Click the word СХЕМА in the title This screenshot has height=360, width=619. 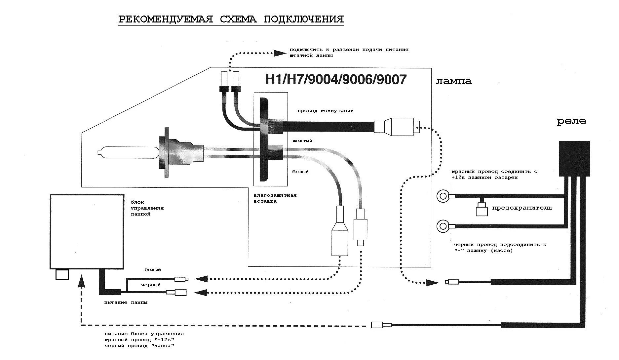(238, 19)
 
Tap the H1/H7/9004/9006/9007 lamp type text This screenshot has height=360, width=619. (336, 79)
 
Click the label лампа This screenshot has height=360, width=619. (453, 81)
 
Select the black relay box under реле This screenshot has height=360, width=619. (574, 159)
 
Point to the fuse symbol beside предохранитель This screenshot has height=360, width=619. (482, 210)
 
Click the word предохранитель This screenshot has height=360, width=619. (522, 208)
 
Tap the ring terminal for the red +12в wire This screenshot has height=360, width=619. (443, 196)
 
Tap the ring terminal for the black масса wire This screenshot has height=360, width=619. (443, 226)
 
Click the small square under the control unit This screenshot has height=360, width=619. (62, 275)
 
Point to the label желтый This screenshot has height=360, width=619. (302, 141)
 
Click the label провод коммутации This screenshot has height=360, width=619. (325, 111)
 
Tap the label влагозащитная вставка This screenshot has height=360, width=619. (275, 198)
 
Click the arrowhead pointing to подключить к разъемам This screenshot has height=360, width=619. (280, 53)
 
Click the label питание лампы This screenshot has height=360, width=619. (126, 302)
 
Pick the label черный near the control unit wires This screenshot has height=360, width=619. (151, 285)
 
